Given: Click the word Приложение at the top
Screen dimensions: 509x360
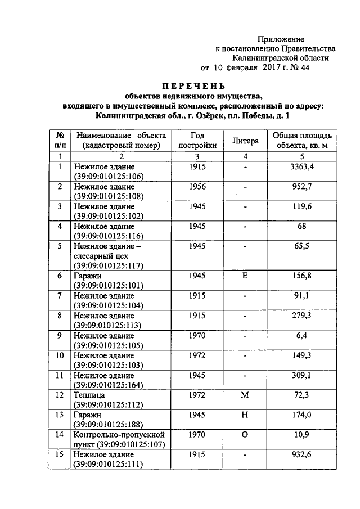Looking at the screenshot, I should [281, 39].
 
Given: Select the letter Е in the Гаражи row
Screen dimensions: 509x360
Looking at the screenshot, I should [245, 277].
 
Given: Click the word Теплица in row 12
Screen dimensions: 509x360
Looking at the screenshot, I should [89, 395].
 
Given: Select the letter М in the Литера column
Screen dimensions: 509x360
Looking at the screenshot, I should [245, 395].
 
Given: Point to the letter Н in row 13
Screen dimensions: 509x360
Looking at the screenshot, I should [245, 415].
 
